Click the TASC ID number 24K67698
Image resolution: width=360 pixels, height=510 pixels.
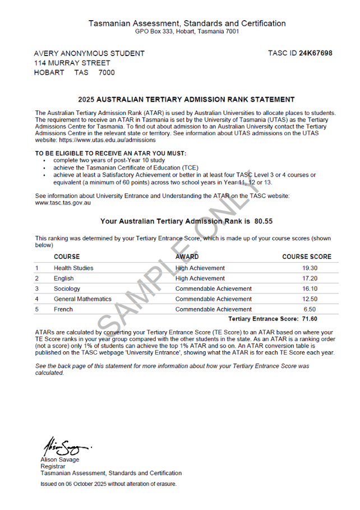pyautogui.click(x=316, y=53)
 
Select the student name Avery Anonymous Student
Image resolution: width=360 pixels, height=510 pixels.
pyautogui.click(x=90, y=54)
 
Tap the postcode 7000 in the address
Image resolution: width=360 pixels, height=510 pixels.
pyautogui.click(x=107, y=72)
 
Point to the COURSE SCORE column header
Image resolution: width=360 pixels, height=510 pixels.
pyautogui.click(x=307, y=257)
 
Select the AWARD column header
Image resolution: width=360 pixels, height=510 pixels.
pyautogui.click(x=187, y=257)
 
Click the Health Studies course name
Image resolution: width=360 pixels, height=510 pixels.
pyautogui.click(x=73, y=268)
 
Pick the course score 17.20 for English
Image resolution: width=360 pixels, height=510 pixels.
pyautogui.click(x=310, y=279)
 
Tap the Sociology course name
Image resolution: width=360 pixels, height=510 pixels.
pyautogui.click(x=67, y=289)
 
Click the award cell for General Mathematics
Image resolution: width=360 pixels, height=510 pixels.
pyautogui.click(x=213, y=299)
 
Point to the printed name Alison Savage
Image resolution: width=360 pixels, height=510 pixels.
pyautogui.click(x=60, y=460)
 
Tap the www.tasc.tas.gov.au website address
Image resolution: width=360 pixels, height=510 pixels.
pyautogui.click(x=63, y=203)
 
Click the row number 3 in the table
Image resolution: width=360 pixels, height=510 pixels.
pyautogui.click(x=37, y=289)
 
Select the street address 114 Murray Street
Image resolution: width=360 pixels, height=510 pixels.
pyautogui.click(x=72, y=63)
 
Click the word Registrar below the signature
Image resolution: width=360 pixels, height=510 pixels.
pyautogui.click(x=53, y=466)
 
